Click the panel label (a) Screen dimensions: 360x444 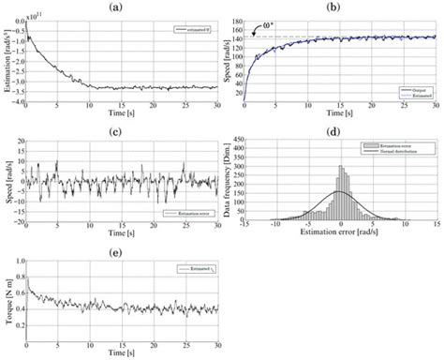(x=113, y=7)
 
